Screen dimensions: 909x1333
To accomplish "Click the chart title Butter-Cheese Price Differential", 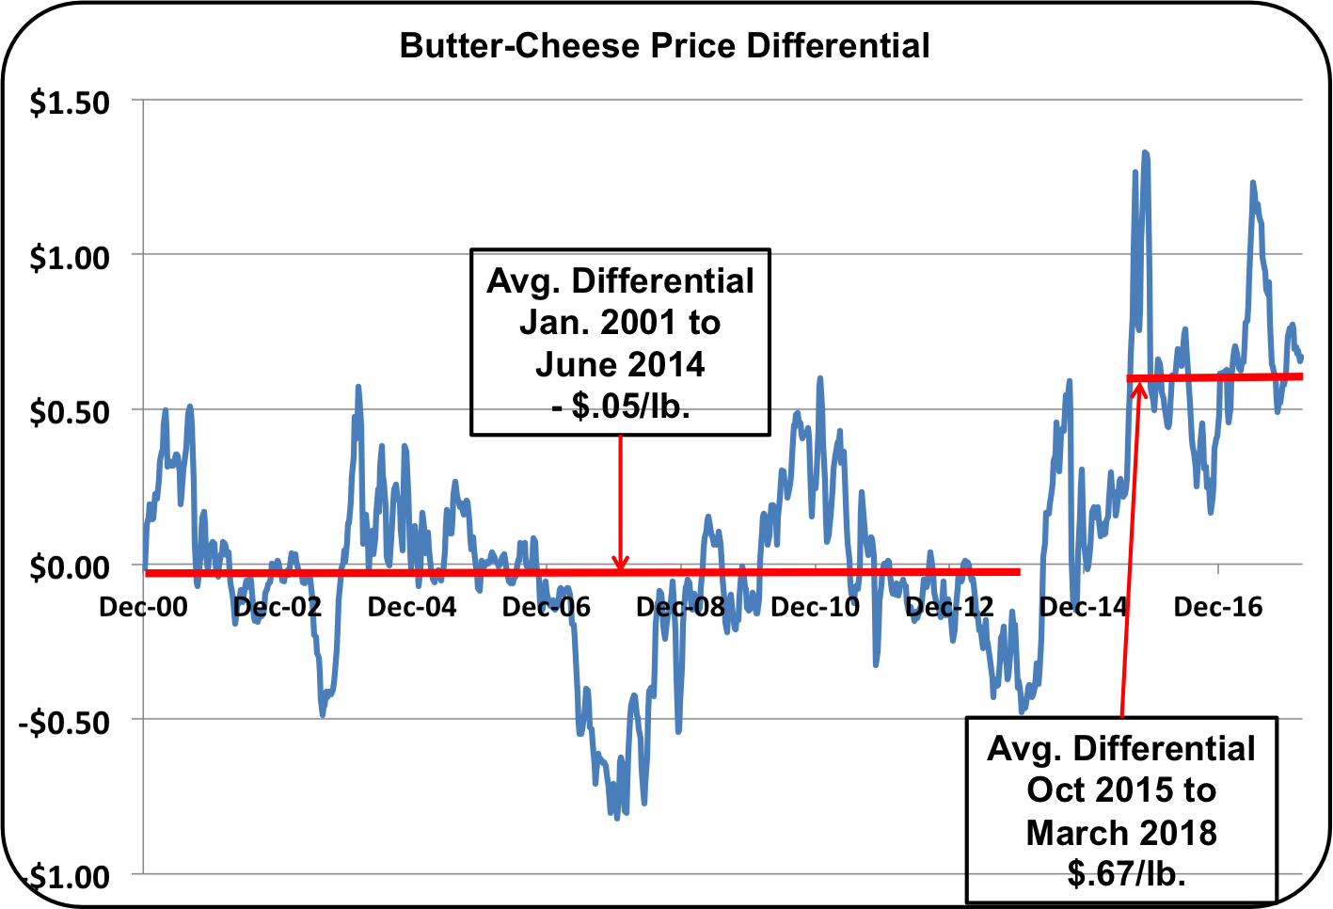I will tap(665, 45).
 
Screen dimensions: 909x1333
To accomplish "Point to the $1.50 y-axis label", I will tap(70, 103).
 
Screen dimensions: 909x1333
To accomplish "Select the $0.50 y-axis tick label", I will tap(70, 412).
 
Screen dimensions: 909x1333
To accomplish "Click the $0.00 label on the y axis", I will tap(70, 567).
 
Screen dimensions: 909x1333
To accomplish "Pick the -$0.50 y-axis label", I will tap(64, 723).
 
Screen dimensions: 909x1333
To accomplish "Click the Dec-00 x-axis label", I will tap(143, 607).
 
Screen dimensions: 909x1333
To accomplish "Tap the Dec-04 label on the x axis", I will tap(411, 607).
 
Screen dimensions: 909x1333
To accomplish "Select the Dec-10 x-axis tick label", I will tap(815, 607).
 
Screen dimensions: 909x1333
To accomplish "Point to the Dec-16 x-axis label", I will tap(1217, 607).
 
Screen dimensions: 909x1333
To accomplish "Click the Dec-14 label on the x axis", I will tap(1083, 607).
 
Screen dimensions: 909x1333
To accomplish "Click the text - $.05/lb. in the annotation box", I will tap(620, 406).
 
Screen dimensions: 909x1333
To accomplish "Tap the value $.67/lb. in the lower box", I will tap(1125, 874).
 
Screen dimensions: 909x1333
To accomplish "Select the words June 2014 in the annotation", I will tap(620, 364).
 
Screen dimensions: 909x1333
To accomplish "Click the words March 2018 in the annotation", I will tap(1121, 833).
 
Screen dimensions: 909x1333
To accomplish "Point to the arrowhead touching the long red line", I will tap(620, 564).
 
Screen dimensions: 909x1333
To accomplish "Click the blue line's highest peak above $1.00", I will tap(1145, 152).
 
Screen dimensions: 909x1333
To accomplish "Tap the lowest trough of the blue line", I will tap(617, 817).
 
